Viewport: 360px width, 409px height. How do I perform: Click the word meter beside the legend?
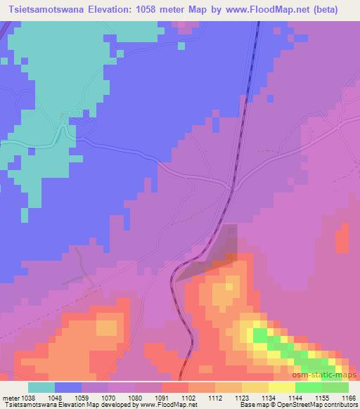pos(9,397)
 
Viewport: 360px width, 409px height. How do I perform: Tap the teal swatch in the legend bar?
pos(41,387)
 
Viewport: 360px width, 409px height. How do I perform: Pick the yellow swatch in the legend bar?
pos(281,387)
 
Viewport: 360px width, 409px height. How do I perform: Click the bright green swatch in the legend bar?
pos(308,387)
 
